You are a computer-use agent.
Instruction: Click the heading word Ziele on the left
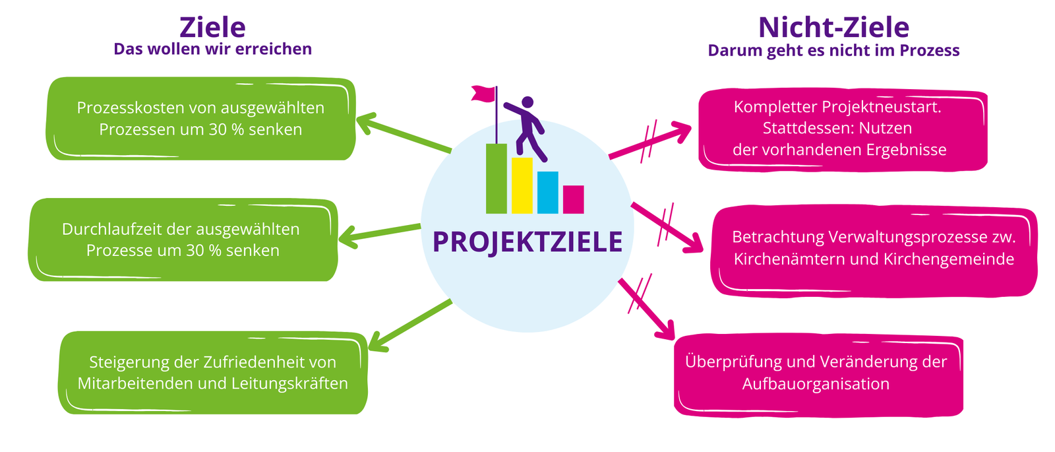[x=212, y=27]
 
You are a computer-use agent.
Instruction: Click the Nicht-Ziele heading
[x=833, y=27]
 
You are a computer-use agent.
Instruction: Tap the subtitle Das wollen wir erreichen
[x=212, y=49]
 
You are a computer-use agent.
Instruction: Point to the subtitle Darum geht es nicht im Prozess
[x=833, y=51]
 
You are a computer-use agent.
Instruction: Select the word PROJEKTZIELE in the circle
[x=527, y=242]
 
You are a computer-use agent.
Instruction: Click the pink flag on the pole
[x=483, y=93]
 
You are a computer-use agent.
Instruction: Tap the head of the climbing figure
[x=527, y=102]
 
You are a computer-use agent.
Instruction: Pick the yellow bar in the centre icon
[x=522, y=185]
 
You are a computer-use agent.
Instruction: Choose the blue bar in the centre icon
[x=548, y=192]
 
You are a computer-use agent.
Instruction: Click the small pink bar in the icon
[x=573, y=199]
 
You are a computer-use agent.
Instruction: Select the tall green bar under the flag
[x=497, y=179]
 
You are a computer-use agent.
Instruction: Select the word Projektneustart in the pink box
[x=882, y=107]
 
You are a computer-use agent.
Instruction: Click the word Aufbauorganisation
[x=816, y=384]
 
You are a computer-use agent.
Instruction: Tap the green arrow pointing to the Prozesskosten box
[x=404, y=133]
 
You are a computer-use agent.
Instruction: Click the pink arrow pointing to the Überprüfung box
[x=647, y=309]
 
